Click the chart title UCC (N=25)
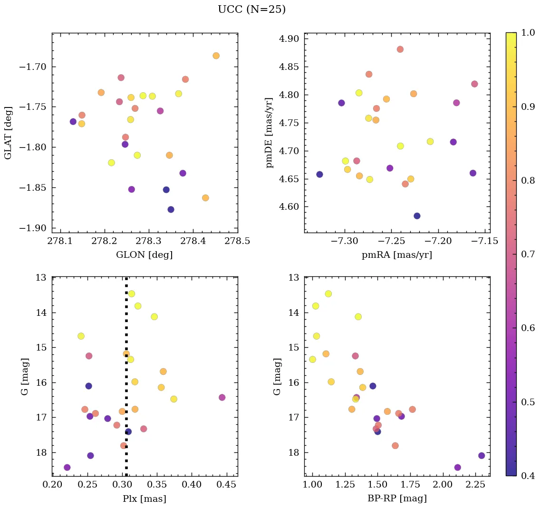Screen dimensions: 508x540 pyautogui.click(x=251, y=10)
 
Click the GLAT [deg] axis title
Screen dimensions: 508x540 pyautogui.click(x=8, y=133)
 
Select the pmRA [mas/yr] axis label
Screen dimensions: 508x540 pyautogui.click(x=397, y=255)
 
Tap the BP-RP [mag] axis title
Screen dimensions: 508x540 pyautogui.click(x=397, y=498)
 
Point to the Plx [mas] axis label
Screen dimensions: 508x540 pyautogui.click(x=145, y=498)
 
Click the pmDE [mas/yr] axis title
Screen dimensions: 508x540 pyautogui.click(x=270, y=133)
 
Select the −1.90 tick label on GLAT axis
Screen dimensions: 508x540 pyautogui.click(x=33, y=228)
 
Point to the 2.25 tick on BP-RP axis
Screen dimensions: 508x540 pyautogui.click(x=476, y=485)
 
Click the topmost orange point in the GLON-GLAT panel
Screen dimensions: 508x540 pyautogui.click(x=216, y=56)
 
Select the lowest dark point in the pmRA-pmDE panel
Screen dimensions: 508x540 pyautogui.click(x=417, y=216)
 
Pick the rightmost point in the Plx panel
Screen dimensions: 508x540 pyautogui.click(x=222, y=397)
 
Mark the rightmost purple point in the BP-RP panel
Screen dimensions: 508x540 pyautogui.click(x=482, y=456)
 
